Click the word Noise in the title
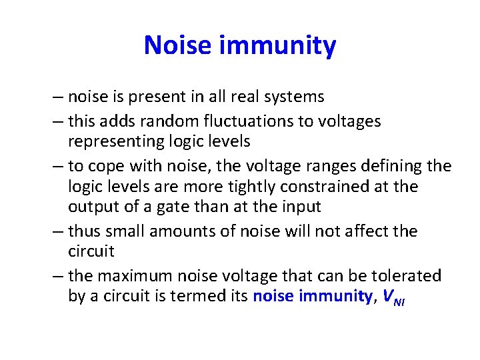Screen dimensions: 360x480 pyautogui.click(x=177, y=46)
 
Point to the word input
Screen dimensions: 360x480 pyautogui.click(x=301, y=207)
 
